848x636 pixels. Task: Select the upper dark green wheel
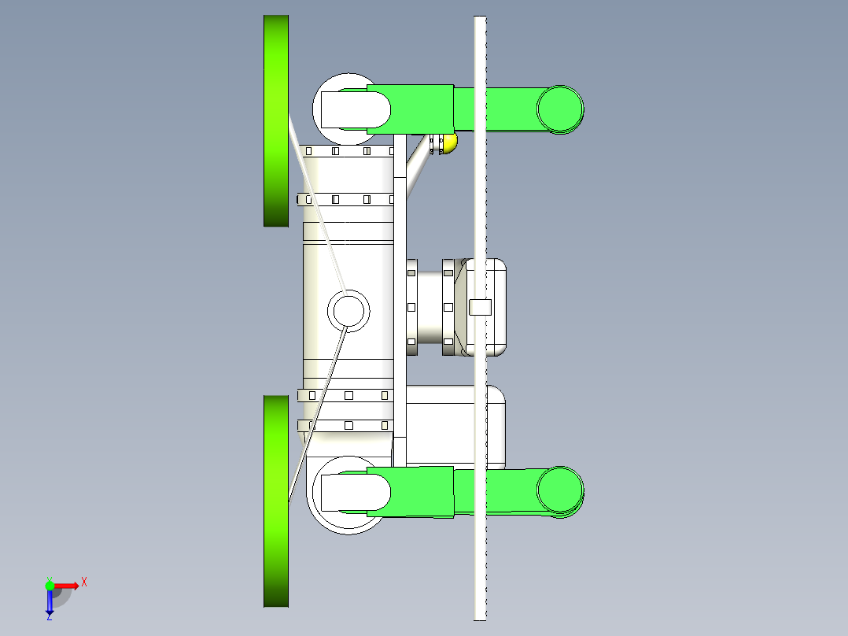tap(276, 120)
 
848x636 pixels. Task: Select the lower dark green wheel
tap(276, 501)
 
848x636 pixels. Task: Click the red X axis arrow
tap(66, 586)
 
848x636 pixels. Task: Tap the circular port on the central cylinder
tap(348, 311)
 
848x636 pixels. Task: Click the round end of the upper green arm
tap(560, 109)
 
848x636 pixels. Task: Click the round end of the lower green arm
tap(560, 490)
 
